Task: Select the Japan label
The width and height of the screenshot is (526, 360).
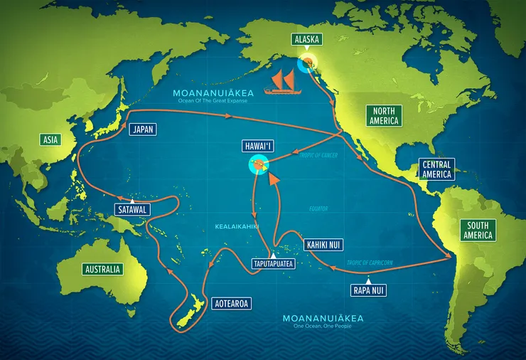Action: point(145,129)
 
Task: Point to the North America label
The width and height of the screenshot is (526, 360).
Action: point(384,115)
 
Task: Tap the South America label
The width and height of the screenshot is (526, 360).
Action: point(479,230)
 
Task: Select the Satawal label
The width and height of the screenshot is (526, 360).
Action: point(132,210)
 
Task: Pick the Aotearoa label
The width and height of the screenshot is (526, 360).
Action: point(232,302)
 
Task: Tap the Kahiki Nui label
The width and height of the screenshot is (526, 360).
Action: point(324,245)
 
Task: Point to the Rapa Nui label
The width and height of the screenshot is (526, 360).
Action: point(370,290)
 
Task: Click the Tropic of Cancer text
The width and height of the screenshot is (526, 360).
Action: point(318,155)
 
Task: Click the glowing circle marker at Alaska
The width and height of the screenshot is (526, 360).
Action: point(308,63)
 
